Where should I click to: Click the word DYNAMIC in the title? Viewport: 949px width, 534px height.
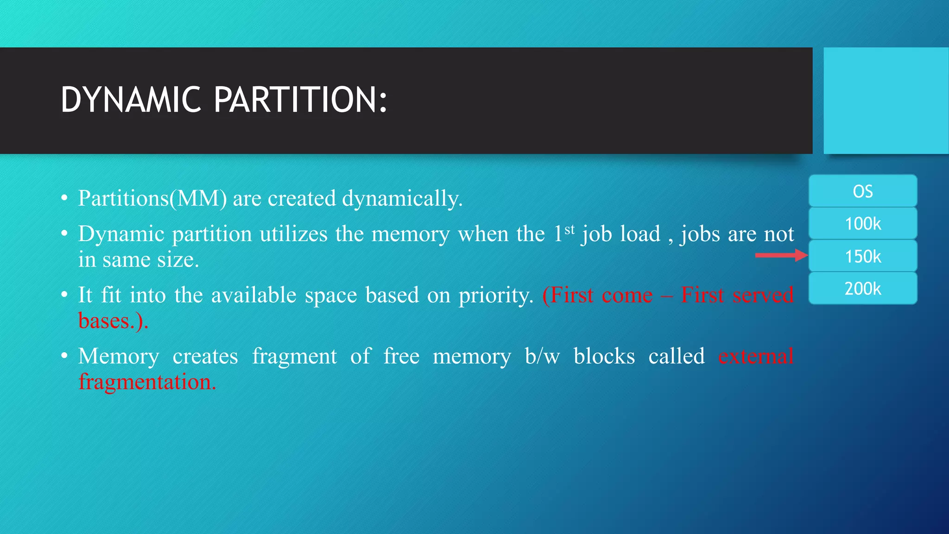[131, 100]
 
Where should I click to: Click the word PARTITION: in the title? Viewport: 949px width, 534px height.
[300, 100]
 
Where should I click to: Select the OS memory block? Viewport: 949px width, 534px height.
[863, 191]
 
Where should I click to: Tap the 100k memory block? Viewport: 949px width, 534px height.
[863, 223]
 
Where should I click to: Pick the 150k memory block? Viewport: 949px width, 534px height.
[863, 256]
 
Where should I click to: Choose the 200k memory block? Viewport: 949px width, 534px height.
[863, 288]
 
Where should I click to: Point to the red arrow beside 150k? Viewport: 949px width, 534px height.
[781, 255]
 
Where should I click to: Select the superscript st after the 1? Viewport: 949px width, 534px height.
[569, 229]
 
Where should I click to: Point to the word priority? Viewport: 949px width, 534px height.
[496, 295]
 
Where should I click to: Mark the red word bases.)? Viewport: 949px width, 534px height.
[113, 321]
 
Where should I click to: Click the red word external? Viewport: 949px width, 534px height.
[756, 356]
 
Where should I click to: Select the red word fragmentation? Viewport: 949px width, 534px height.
[147, 382]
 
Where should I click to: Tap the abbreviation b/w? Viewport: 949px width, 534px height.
[542, 356]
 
